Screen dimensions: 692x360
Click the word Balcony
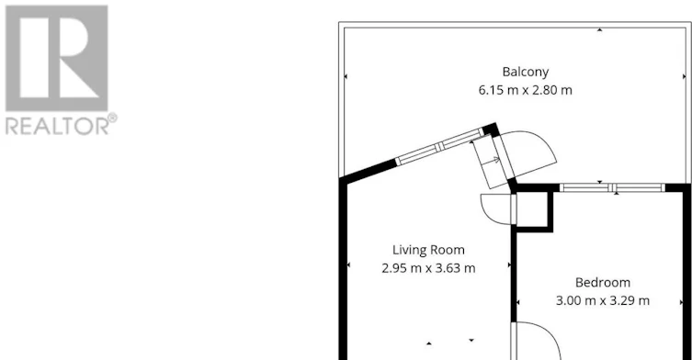[x=525, y=72]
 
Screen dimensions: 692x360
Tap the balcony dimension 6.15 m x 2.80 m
[x=525, y=90]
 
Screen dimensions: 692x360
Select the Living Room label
[x=428, y=250]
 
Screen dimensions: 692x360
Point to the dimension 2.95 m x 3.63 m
[x=428, y=268]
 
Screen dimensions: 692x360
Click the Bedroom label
[x=603, y=282]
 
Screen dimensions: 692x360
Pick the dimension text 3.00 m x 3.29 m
[x=603, y=301]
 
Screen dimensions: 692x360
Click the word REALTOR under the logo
[x=56, y=127]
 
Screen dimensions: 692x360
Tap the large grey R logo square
[x=56, y=58]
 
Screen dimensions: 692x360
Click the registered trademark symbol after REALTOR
[x=113, y=118]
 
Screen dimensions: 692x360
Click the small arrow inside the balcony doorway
[x=494, y=160]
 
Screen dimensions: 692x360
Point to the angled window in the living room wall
[x=440, y=146]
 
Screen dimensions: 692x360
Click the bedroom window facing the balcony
[x=612, y=187]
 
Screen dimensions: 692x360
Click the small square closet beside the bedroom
[x=532, y=209]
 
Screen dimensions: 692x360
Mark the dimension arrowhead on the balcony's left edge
[x=346, y=76]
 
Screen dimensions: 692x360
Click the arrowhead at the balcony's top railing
[x=599, y=30]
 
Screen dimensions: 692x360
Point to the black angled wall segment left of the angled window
[x=369, y=170]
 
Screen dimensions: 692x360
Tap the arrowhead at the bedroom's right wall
[x=682, y=302]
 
